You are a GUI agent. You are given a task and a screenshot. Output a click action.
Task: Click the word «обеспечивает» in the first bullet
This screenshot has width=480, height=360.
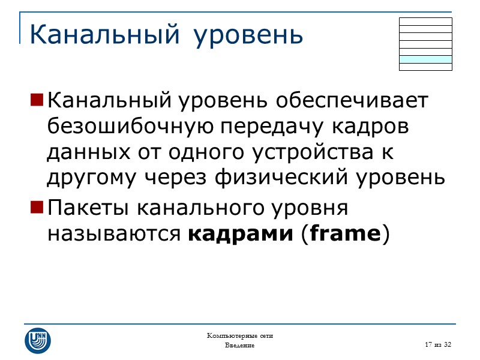pyautogui.click(x=353, y=100)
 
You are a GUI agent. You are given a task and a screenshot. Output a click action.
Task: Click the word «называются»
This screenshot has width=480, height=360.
pyautogui.click(x=114, y=234)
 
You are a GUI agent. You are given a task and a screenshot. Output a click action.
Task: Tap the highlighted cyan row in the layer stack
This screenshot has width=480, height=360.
pyautogui.click(x=425, y=59)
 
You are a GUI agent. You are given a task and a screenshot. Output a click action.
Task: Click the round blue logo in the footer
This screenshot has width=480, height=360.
pyautogui.click(x=38, y=340)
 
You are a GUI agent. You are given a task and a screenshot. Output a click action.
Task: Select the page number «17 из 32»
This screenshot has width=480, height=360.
pyautogui.click(x=437, y=344)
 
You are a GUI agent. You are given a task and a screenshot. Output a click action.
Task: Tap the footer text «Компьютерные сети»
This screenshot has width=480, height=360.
pyautogui.click(x=240, y=335)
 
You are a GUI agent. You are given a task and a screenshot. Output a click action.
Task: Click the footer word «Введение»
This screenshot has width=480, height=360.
pyautogui.click(x=240, y=346)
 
